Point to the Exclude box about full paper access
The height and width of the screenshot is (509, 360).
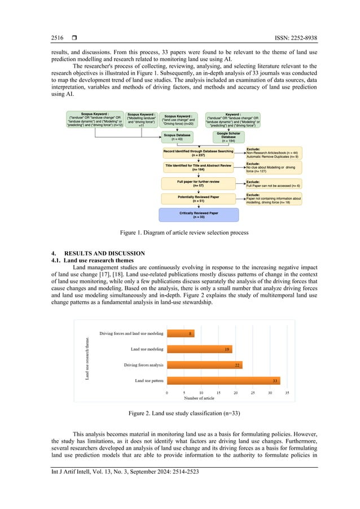click(x=274, y=183)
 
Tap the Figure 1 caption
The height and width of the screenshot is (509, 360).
click(x=179, y=232)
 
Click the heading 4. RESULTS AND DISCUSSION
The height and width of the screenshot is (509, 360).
click(x=98, y=253)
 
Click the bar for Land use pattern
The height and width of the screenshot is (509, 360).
click(x=223, y=381)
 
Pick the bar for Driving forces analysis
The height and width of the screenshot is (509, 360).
click(x=204, y=365)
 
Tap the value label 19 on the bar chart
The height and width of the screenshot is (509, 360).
click(x=227, y=350)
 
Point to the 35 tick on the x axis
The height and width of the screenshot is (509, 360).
click(x=287, y=392)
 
